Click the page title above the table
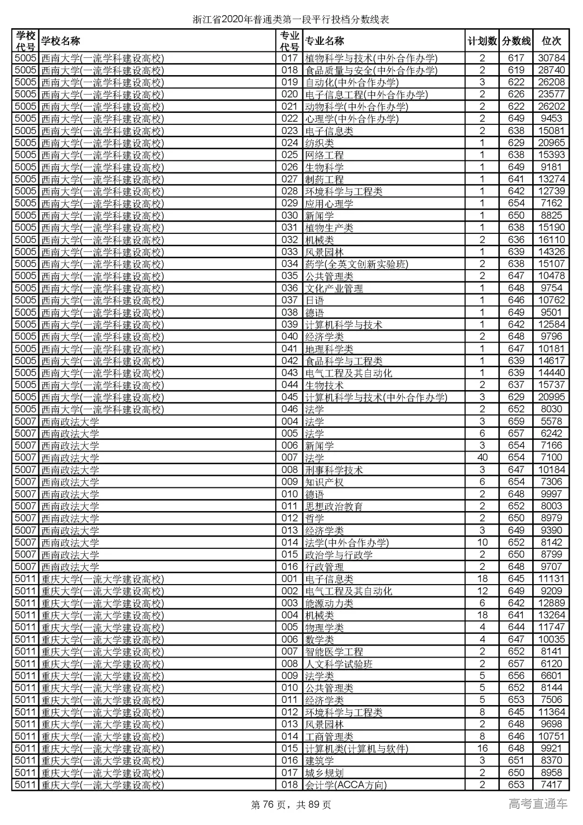tap(291, 19)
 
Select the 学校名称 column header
tap(60, 41)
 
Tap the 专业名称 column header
tap(324, 41)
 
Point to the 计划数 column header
tap(482, 41)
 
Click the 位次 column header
tap(551, 41)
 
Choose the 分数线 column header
tap(516, 41)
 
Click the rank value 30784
tap(551, 58)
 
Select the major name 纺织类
tap(320, 143)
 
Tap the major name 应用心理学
tap(329, 204)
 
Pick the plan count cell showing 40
tap(482, 458)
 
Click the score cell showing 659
tap(516, 421)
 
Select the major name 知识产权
tap(324, 482)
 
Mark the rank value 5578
tap(551, 421)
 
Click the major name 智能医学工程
tap(334, 652)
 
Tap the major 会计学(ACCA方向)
tap(346, 784)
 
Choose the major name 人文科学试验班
tap(339, 663)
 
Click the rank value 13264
tap(551, 615)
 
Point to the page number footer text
tap(291, 804)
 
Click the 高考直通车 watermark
tap(538, 803)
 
